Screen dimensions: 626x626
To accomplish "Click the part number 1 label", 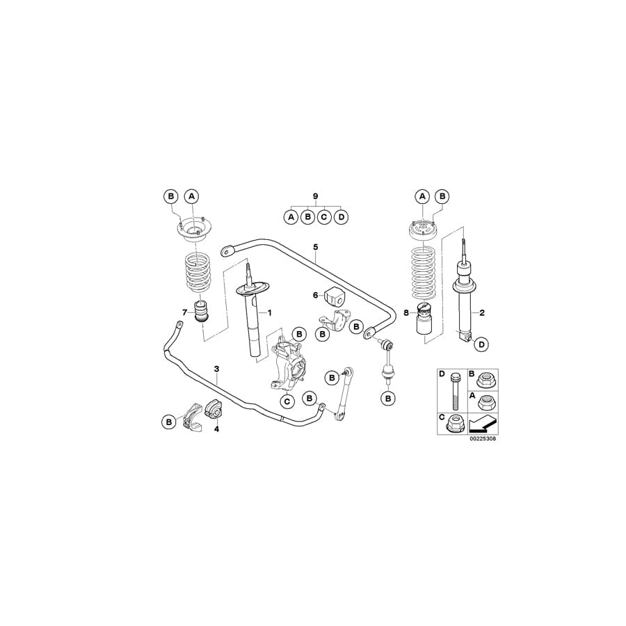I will (269, 312).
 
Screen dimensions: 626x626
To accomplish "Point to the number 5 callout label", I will (315, 247).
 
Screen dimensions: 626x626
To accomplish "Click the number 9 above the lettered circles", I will (315, 198).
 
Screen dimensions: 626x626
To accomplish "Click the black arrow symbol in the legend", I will (483, 421).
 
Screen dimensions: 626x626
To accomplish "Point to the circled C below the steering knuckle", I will (287, 401).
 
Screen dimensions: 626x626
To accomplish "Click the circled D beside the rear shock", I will (479, 342).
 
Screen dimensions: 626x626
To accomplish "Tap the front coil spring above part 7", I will (200, 275).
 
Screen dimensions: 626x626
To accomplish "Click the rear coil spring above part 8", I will (424, 276).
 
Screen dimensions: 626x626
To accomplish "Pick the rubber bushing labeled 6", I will (339, 295).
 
